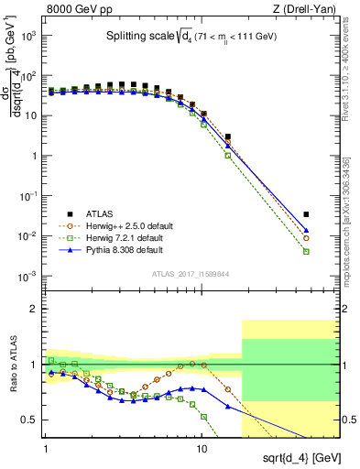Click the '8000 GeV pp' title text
pyautogui.click(x=76, y=10)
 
